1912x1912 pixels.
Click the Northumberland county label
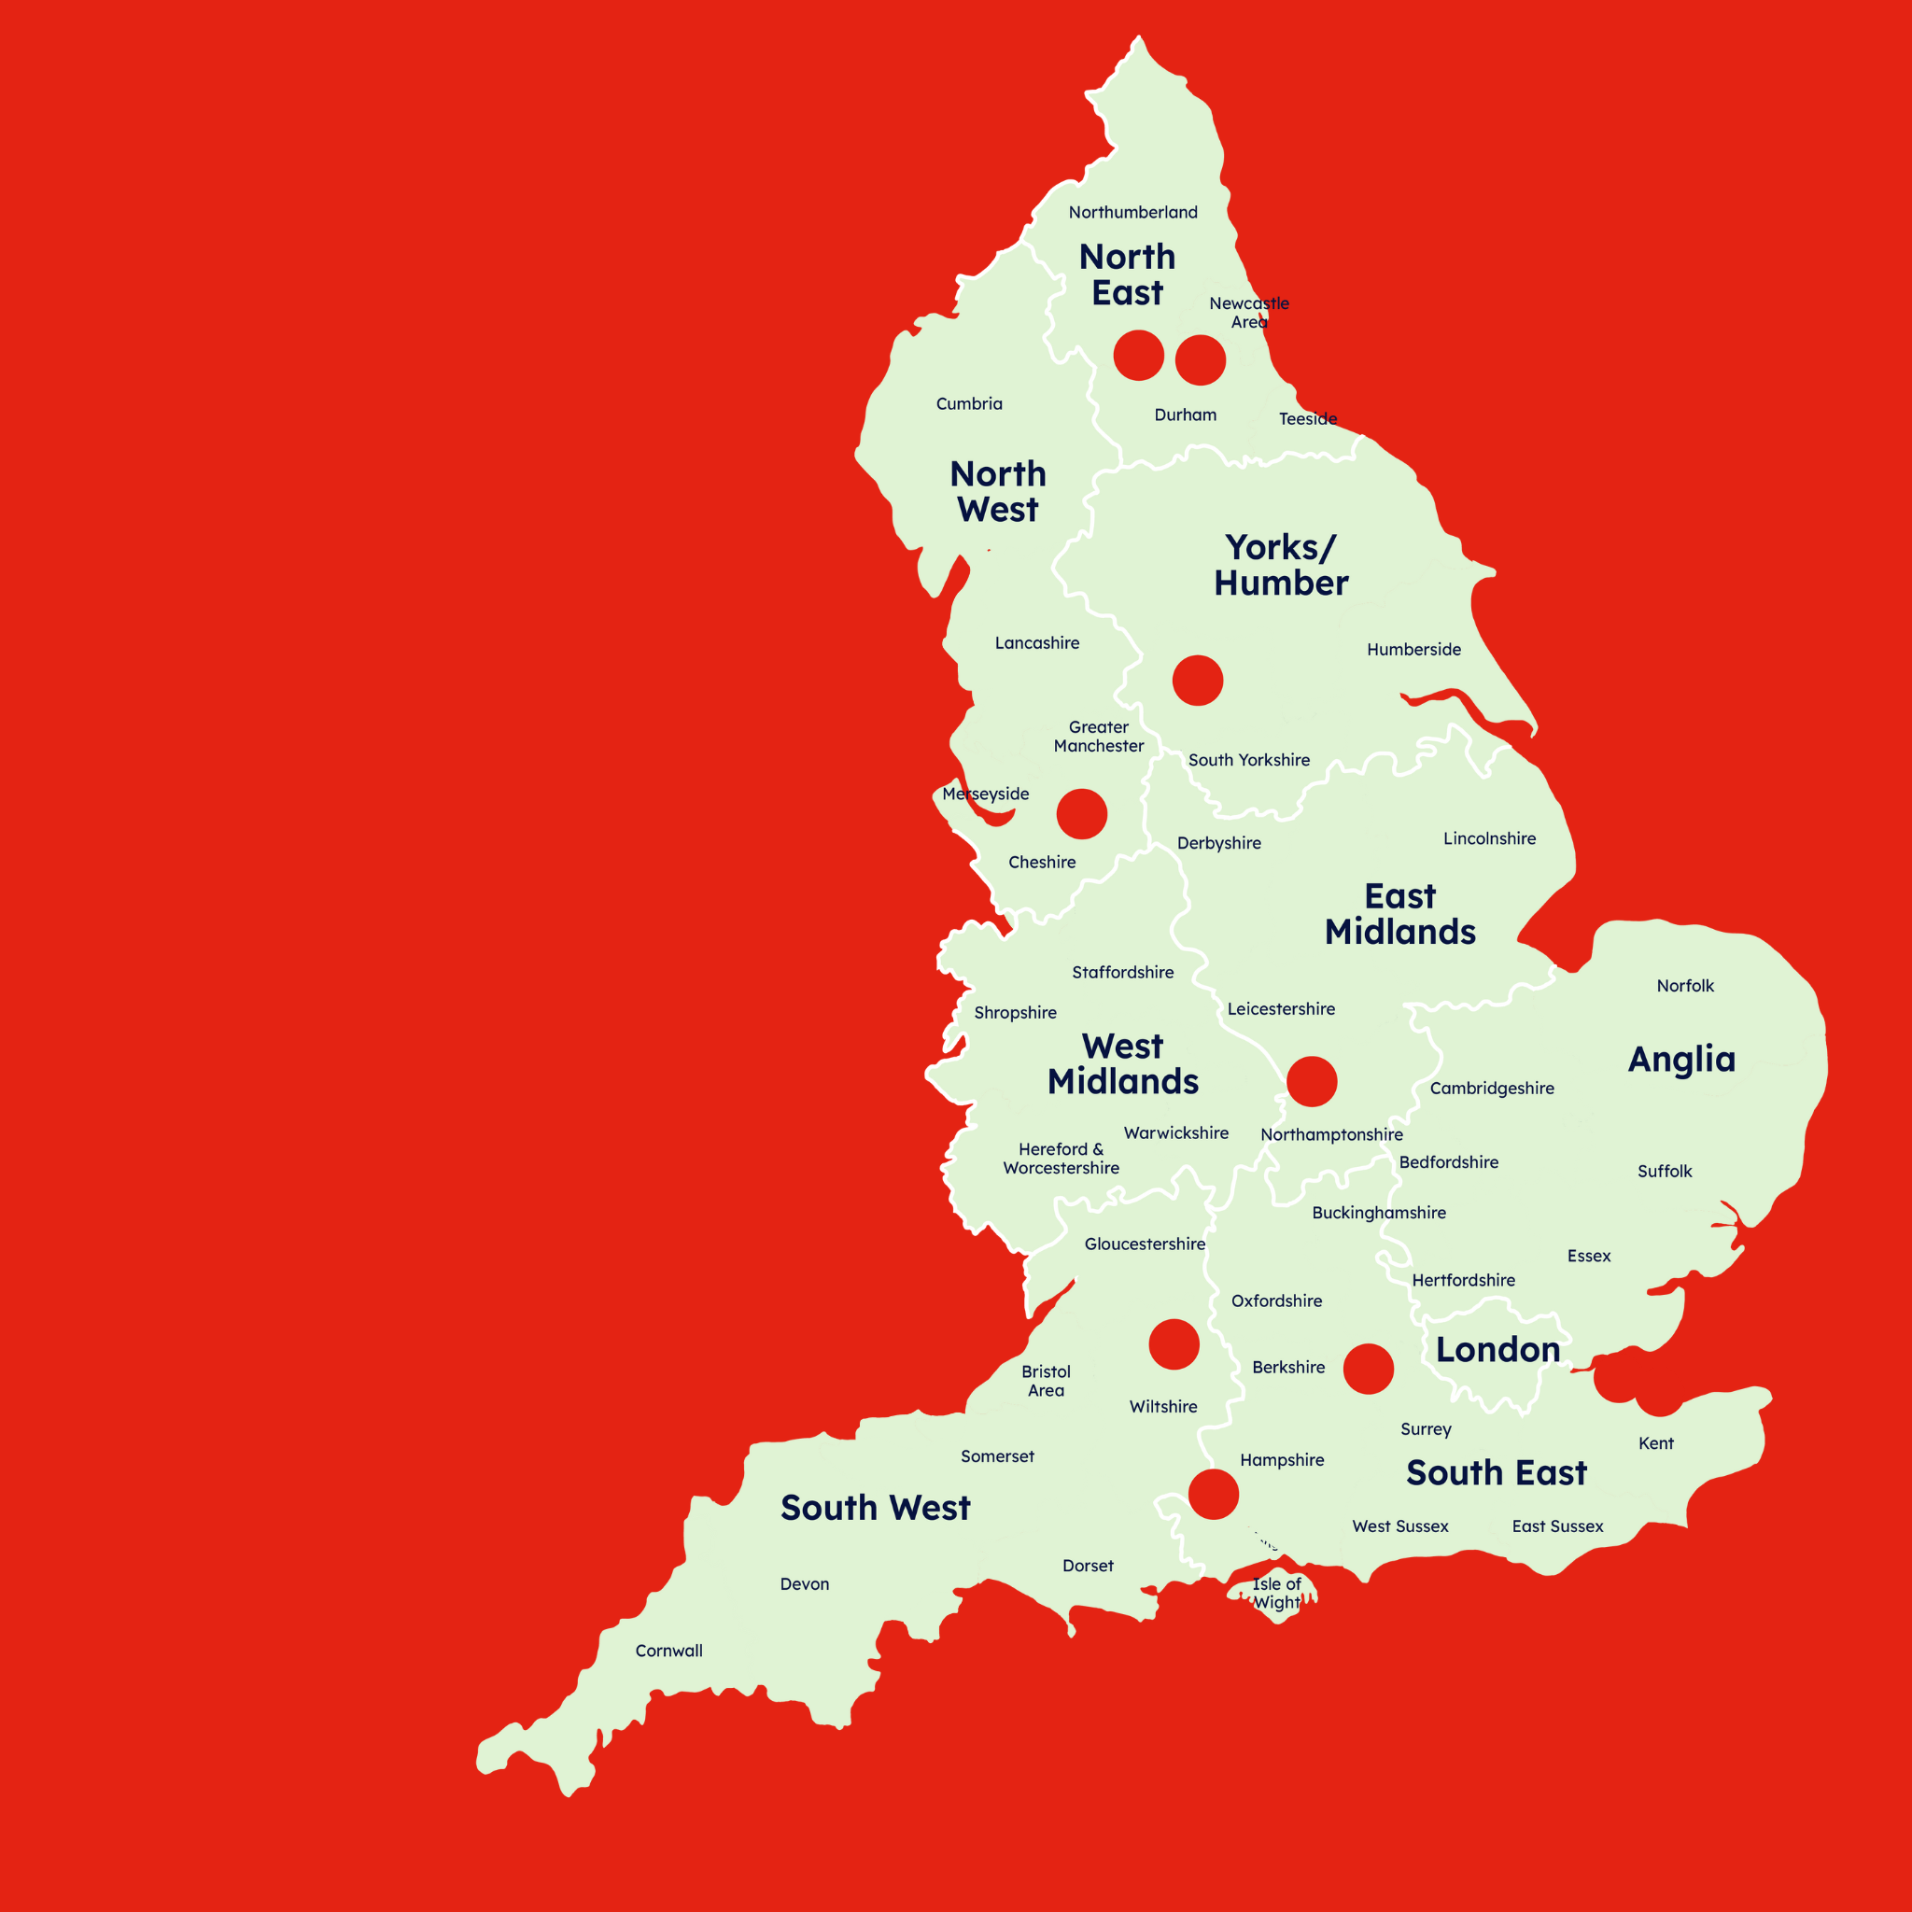pyautogui.click(x=1132, y=213)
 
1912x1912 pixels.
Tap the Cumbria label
pyautogui.click(x=969, y=403)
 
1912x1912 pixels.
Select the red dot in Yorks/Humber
pyautogui.click(x=1198, y=681)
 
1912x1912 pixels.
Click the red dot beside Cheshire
pyautogui.click(x=1082, y=814)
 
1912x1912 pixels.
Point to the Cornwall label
pyautogui.click(x=669, y=1651)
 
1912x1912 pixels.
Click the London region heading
pyautogui.click(x=1497, y=1350)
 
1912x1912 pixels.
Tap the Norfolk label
pyautogui.click(x=1685, y=986)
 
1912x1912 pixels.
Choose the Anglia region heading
pyautogui.click(x=1681, y=1060)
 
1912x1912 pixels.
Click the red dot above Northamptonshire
pyautogui.click(x=1312, y=1082)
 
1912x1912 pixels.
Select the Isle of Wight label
pyautogui.click(x=1276, y=1594)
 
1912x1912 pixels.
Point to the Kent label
pyautogui.click(x=1655, y=1444)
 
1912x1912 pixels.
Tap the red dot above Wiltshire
pyautogui.click(x=1174, y=1345)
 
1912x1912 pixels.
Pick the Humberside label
pyautogui.click(x=1413, y=650)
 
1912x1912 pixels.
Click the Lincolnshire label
pyautogui.click(x=1489, y=839)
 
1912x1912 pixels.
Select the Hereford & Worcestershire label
pyautogui.click(x=1061, y=1159)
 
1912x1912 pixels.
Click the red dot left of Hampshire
pyautogui.click(x=1214, y=1495)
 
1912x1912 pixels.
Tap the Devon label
pyautogui.click(x=805, y=1584)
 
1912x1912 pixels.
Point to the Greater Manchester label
pyautogui.click(x=1099, y=738)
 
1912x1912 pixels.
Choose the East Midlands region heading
pyautogui.click(x=1399, y=914)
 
